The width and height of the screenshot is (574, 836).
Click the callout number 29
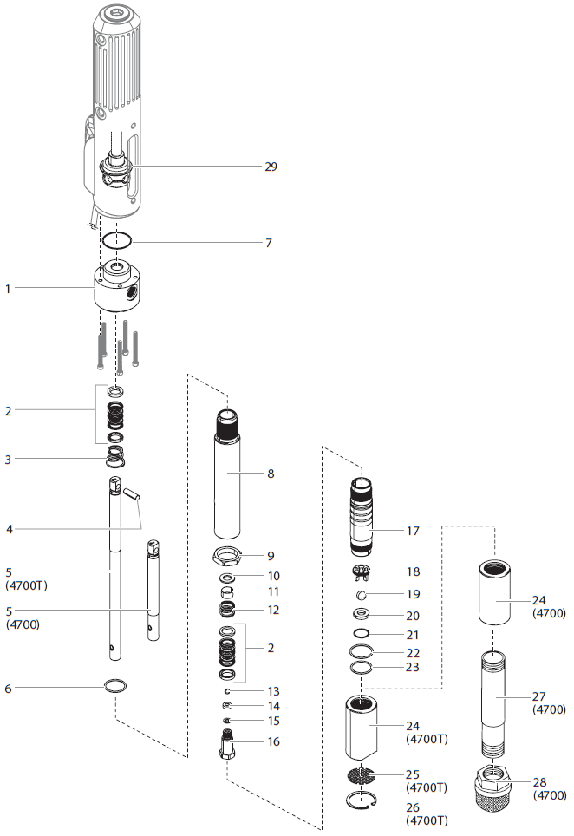[x=271, y=166]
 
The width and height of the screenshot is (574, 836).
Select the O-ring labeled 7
[x=117, y=240]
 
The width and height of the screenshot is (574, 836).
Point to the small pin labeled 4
[x=131, y=495]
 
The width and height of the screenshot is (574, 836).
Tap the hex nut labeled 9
[x=228, y=554]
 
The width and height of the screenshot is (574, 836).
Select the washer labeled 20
[x=363, y=615]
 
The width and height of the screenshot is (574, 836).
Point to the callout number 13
[x=273, y=691]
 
